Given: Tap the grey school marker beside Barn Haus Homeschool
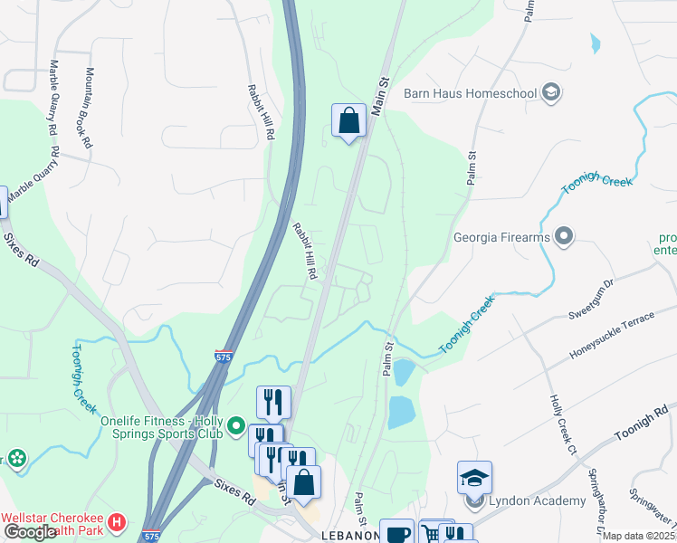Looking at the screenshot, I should tap(550, 92).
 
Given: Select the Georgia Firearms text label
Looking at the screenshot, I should tap(501, 238).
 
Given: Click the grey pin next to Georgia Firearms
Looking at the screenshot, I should tap(565, 237).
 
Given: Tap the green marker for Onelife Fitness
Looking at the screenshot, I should tap(236, 424).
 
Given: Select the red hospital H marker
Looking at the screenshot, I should tap(116, 522).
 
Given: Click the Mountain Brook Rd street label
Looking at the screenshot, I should tap(89, 108).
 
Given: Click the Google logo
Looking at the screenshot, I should tap(30, 532).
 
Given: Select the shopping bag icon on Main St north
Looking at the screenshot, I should tap(348, 120).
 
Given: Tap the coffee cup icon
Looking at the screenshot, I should tap(396, 533).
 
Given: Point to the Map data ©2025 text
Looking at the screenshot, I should tap(639, 537).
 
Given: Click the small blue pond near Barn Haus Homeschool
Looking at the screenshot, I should tap(595, 43).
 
